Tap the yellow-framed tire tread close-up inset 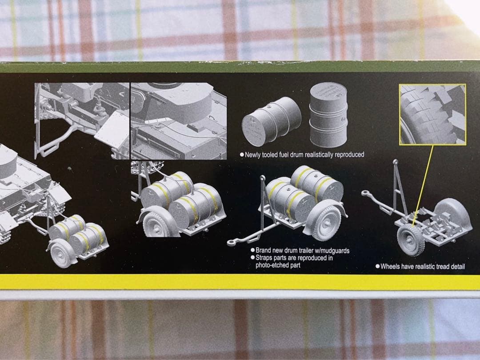pos(432,114)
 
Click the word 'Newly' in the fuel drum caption pos(253,155)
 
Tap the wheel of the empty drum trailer pos(410,240)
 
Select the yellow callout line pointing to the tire pos(424,182)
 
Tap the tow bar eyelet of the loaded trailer pos(231,243)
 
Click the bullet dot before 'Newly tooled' pos(241,155)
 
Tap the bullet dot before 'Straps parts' pos(252,258)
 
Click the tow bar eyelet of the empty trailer pos(365,193)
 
